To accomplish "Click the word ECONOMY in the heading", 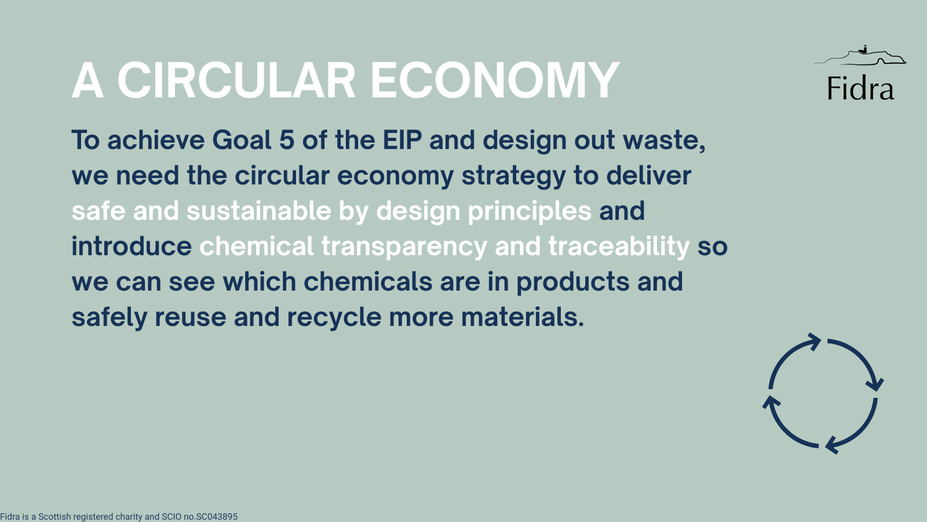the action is pos(495,81).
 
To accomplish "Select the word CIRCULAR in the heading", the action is pos(236,81).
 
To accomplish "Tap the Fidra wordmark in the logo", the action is pos(861,88).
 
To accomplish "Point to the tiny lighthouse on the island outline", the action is pos(864,49).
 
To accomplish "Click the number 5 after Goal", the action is pos(287,140).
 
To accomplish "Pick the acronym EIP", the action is pos(402,140).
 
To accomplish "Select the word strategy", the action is pos(513,176).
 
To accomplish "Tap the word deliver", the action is pos(648,175).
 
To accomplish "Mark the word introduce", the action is pos(132,246).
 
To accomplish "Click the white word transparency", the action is pos(404,247).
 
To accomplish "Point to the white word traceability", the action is pos(619,247).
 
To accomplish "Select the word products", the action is pos(573,282).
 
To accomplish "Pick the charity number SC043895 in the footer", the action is pos(217,517).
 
